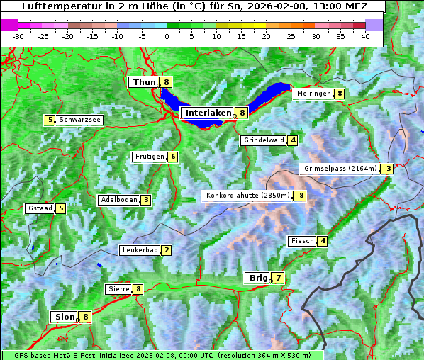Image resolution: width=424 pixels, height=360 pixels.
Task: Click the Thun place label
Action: coord(144,83)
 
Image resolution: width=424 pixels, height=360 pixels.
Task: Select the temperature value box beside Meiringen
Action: coord(340,94)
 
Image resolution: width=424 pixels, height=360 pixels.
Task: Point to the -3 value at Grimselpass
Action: coord(386,169)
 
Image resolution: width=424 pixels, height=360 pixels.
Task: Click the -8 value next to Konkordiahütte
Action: coord(300,196)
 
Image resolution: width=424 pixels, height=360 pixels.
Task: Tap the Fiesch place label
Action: coord(301,241)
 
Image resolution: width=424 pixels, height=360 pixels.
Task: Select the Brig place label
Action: coord(257,278)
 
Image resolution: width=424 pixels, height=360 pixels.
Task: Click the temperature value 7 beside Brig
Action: coord(278,278)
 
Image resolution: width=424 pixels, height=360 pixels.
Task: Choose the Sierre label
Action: coord(118,289)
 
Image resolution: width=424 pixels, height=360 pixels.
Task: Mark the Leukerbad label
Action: coord(139,250)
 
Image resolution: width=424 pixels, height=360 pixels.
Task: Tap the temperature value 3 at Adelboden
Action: coord(145,200)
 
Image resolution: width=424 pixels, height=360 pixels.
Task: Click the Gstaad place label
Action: coord(40,208)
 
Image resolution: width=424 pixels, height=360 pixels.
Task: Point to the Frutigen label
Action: coord(150,157)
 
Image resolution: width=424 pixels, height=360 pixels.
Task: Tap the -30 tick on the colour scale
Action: coord(18,36)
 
